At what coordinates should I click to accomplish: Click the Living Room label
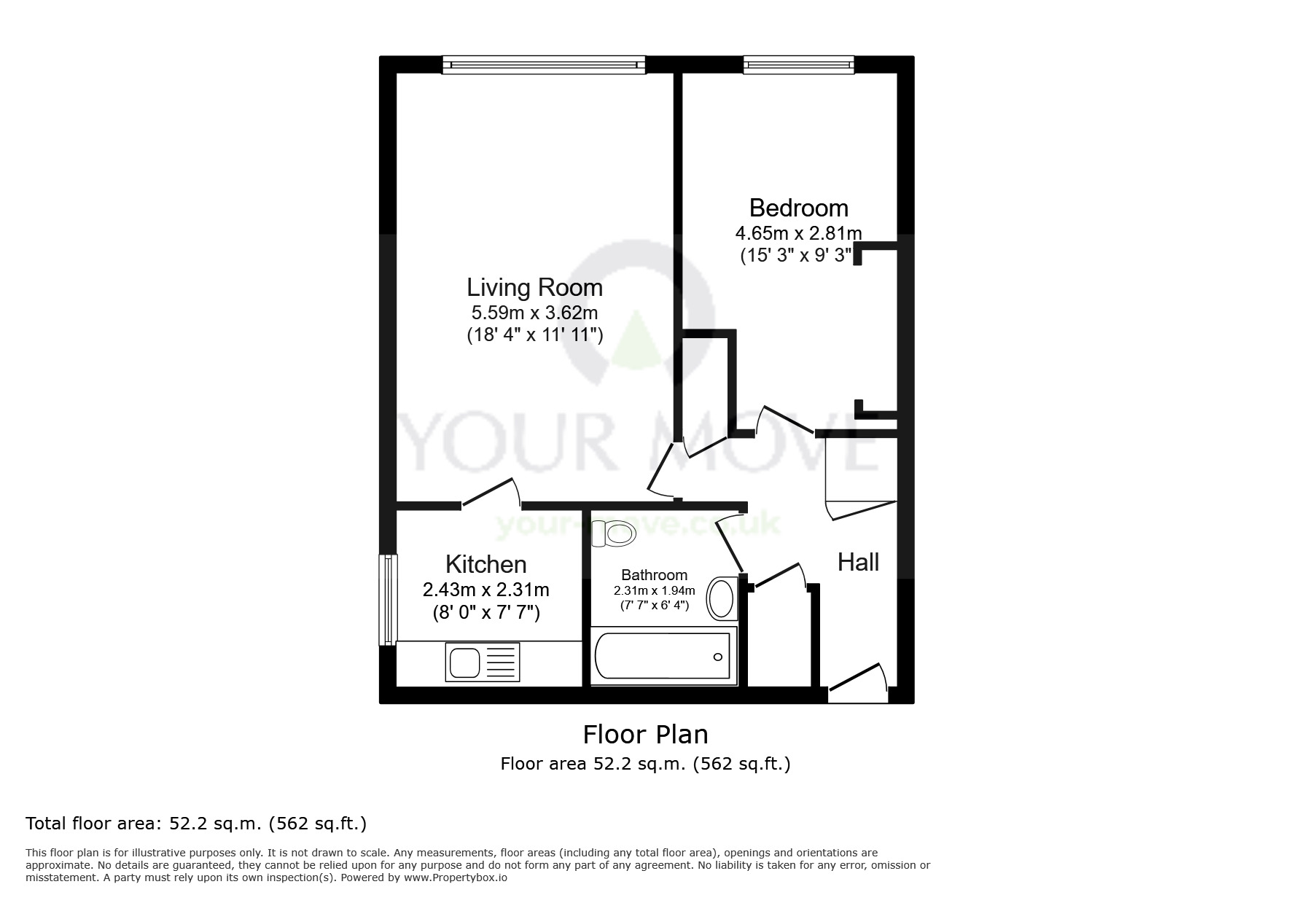coord(534,287)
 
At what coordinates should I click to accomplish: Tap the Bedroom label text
coord(798,208)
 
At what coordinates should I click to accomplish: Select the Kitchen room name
coord(485,564)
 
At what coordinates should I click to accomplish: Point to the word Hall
coord(858,562)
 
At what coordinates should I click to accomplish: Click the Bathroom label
coord(654,575)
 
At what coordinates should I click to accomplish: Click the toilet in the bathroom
coord(613,534)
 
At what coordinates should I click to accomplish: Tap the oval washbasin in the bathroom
coord(722,598)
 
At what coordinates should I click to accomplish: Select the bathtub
coord(663,656)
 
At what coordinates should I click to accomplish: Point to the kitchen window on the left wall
coord(388,600)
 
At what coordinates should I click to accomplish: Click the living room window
coord(544,65)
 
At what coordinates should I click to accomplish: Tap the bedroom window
coord(798,65)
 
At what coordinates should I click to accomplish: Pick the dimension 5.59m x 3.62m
coord(534,313)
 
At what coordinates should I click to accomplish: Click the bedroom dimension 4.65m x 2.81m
coord(798,233)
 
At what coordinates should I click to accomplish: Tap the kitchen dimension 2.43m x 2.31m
coord(485,589)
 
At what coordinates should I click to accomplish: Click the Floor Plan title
coord(645,734)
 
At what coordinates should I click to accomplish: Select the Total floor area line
coord(196,824)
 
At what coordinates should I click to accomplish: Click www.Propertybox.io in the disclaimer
coord(455,877)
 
